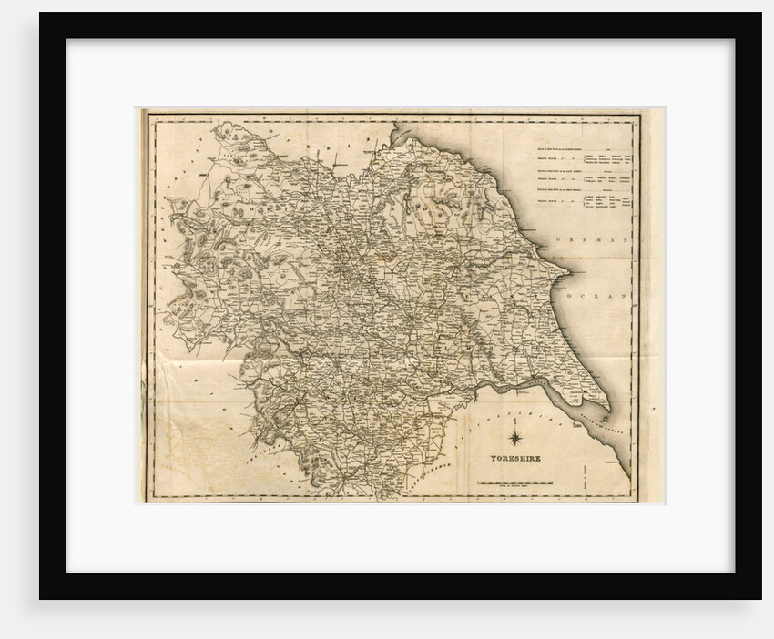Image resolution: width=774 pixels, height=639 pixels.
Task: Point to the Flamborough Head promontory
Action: (x=570, y=270)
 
